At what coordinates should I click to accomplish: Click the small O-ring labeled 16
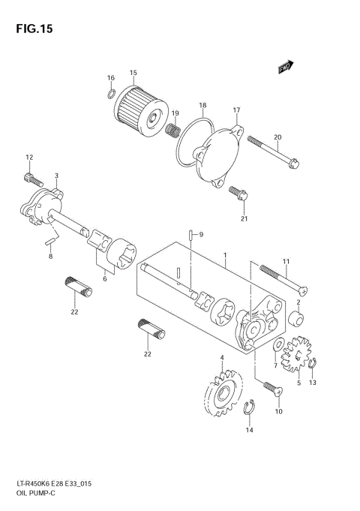pos(111,94)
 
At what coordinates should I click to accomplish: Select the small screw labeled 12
pos(29,178)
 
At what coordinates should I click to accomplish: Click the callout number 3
pos(56,175)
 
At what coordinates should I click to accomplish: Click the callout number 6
pos(104,278)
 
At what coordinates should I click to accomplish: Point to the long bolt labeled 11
pos(283,278)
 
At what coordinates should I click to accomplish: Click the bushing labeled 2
pos(298,321)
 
